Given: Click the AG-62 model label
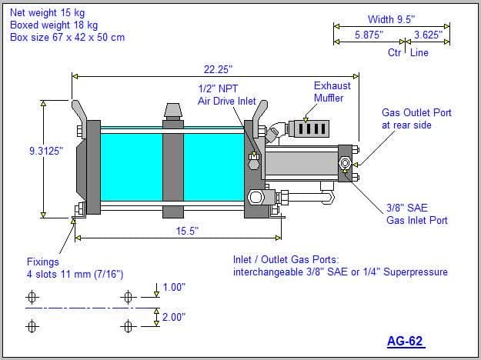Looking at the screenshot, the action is click(x=406, y=341).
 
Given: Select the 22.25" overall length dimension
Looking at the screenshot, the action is click(x=218, y=69).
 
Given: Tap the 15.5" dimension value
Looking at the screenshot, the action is click(x=187, y=231).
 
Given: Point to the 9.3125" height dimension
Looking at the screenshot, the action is click(x=46, y=151).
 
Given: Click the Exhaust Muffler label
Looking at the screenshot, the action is click(x=332, y=92).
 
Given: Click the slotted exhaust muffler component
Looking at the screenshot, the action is click(x=309, y=128).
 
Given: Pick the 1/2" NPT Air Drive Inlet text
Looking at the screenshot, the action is click(x=227, y=95).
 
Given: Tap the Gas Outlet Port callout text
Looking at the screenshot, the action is click(x=416, y=118).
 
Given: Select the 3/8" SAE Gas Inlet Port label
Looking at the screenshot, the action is click(x=416, y=214).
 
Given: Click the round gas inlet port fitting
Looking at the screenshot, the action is click(x=345, y=162).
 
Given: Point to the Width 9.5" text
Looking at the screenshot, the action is click(x=391, y=19).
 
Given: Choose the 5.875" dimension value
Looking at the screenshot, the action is click(x=369, y=35).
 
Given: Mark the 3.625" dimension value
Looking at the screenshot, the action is click(x=428, y=35).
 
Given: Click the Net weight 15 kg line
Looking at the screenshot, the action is click(x=47, y=12).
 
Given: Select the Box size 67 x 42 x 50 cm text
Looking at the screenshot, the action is click(x=67, y=37).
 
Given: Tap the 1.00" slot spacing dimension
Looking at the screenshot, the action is click(x=174, y=288).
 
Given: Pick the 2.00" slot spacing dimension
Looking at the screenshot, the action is click(x=174, y=317).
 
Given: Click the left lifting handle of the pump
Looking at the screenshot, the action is click(x=78, y=111).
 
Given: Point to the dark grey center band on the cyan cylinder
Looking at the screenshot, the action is click(x=173, y=169).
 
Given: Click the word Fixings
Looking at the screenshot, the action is click(x=42, y=262).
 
